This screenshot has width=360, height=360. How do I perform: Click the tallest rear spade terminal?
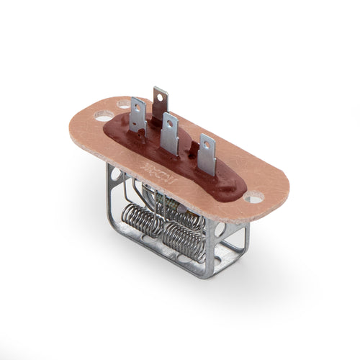160,103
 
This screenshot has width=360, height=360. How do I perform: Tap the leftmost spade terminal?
138,115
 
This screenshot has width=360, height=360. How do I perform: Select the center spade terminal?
170,133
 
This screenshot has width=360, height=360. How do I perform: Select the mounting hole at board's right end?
253,196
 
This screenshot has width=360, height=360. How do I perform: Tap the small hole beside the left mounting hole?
124,104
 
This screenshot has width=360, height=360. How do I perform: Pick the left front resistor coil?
143,221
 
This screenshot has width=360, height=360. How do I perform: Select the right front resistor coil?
183,239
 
